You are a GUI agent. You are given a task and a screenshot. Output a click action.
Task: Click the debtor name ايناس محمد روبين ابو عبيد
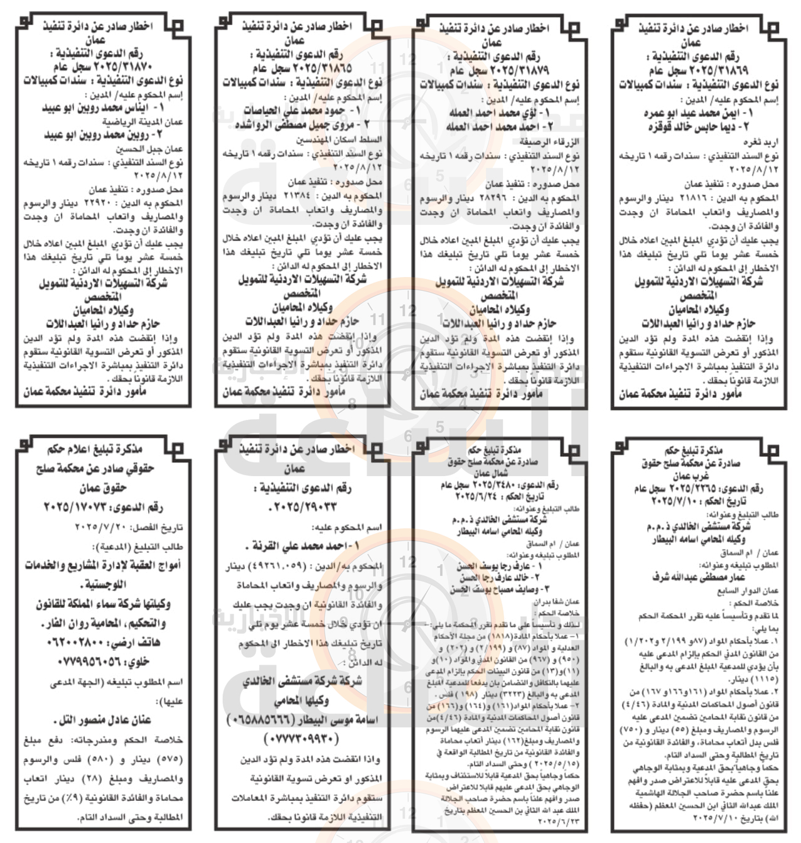pyautogui.click(x=103, y=108)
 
